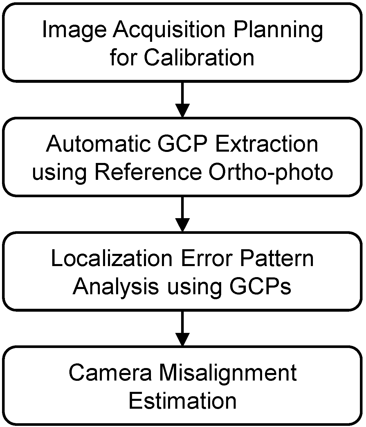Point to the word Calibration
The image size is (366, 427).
point(199,57)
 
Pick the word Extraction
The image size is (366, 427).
point(266,144)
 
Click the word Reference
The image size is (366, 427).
point(148,172)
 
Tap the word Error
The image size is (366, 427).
point(206,258)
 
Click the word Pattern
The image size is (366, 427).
point(277,258)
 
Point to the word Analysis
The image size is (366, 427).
point(116,286)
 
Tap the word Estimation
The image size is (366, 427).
point(183,401)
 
